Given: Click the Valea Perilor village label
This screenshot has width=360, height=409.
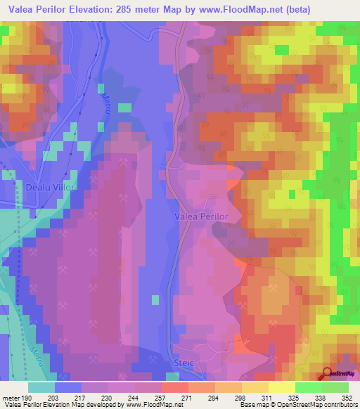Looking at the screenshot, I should [201, 217].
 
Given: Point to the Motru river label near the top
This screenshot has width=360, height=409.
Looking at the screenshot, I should [108, 105].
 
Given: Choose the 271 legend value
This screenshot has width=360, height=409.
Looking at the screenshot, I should [188, 398].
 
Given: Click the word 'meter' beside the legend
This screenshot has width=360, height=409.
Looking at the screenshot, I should [11, 398].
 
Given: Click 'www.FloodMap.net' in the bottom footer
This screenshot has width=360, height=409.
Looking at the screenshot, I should [153, 405].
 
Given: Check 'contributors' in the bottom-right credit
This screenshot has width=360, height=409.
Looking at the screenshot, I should [338, 405].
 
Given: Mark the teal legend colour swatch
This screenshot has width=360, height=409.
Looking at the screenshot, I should [41, 387].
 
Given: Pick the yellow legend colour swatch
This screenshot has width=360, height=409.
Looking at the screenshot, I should [282, 387].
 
